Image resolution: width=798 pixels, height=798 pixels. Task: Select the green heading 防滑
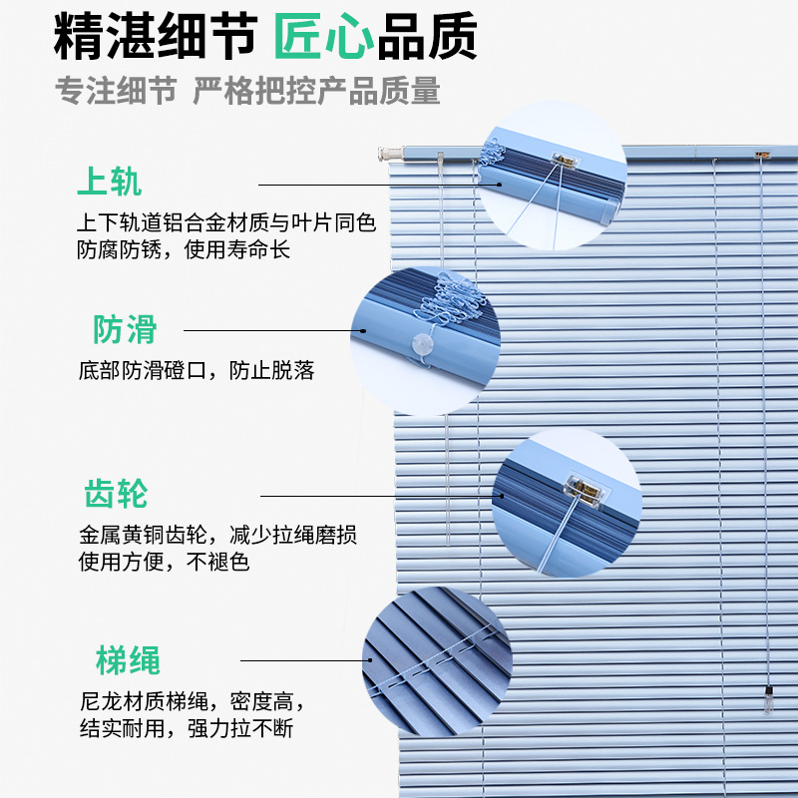125,329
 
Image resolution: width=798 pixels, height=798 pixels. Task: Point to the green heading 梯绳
128,659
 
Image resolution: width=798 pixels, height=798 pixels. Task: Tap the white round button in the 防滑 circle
424,346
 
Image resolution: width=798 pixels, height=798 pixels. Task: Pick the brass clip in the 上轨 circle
567,158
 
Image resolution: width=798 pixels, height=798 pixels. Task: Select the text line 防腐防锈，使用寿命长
184,249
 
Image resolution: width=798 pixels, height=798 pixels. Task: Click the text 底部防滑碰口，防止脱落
196,371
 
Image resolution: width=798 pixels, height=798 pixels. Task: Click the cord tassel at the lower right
769,697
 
